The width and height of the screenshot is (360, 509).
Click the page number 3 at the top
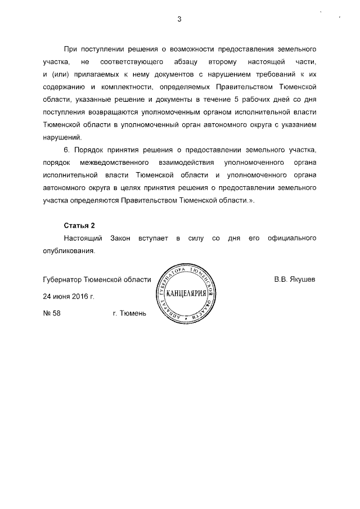179,20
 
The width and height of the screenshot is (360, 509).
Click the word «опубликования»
69,251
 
